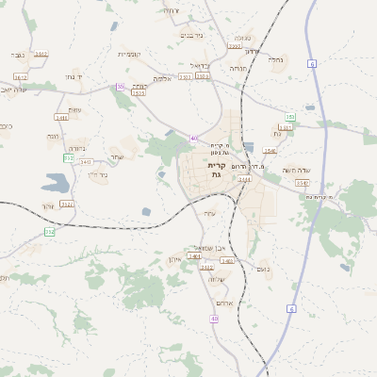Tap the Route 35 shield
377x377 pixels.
(x=120, y=87)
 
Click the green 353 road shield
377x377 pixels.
(x=290, y=117)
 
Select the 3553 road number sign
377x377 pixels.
(x=234, y=44)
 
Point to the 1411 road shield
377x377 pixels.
(x=61, y=118)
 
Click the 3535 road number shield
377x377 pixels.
(x=139, y=93)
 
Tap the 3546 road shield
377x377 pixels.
(x=270, y=151)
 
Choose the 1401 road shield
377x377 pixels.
(x=194, y=256)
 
